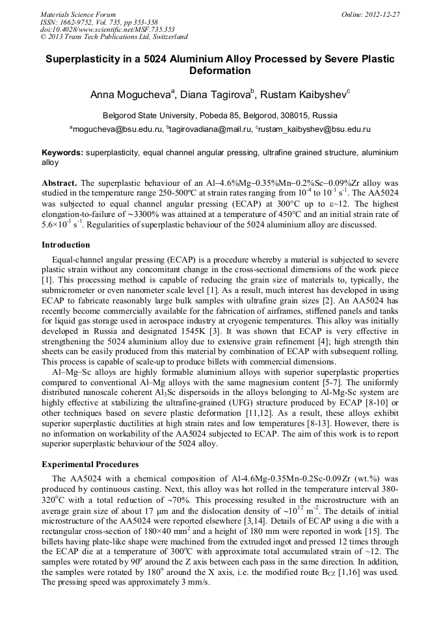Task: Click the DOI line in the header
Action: click(107, 29)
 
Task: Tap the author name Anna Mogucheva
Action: click(129, 95)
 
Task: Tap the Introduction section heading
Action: click(66, 245)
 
